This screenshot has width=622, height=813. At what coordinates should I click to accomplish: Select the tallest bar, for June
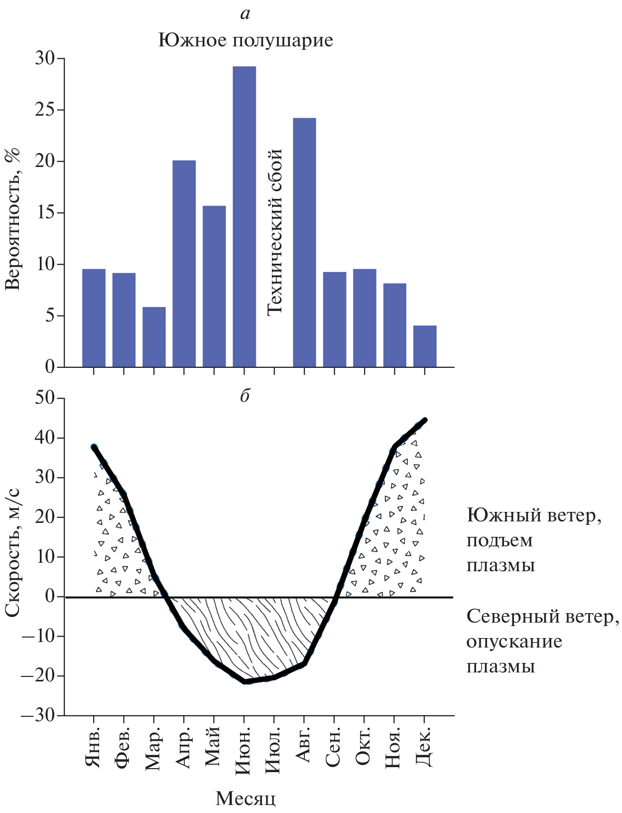click(244, 217)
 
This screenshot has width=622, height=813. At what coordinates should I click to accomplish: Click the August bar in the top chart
click(304, 243)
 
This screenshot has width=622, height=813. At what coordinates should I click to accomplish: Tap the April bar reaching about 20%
click(184, 264)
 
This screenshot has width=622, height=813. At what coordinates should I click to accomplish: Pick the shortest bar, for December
click(425, 346)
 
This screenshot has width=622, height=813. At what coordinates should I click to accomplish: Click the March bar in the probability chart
click(154, 337)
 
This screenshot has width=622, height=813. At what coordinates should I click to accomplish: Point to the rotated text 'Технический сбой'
click(275, 232)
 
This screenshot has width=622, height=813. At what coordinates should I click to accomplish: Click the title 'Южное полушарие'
click(246, 40)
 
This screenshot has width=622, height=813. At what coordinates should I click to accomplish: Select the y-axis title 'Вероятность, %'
click(12, 219)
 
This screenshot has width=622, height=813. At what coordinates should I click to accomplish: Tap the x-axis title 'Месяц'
click(246, 798)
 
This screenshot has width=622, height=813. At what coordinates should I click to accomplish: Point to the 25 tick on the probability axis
click(45, 110)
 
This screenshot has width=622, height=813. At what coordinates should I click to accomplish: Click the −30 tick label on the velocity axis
click(39, 715)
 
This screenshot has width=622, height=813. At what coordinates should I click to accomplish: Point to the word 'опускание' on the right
click(514, 641)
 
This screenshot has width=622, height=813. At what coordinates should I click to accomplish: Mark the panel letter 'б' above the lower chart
click(245, 396)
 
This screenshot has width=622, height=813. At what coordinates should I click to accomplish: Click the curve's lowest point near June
click(245, 681)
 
